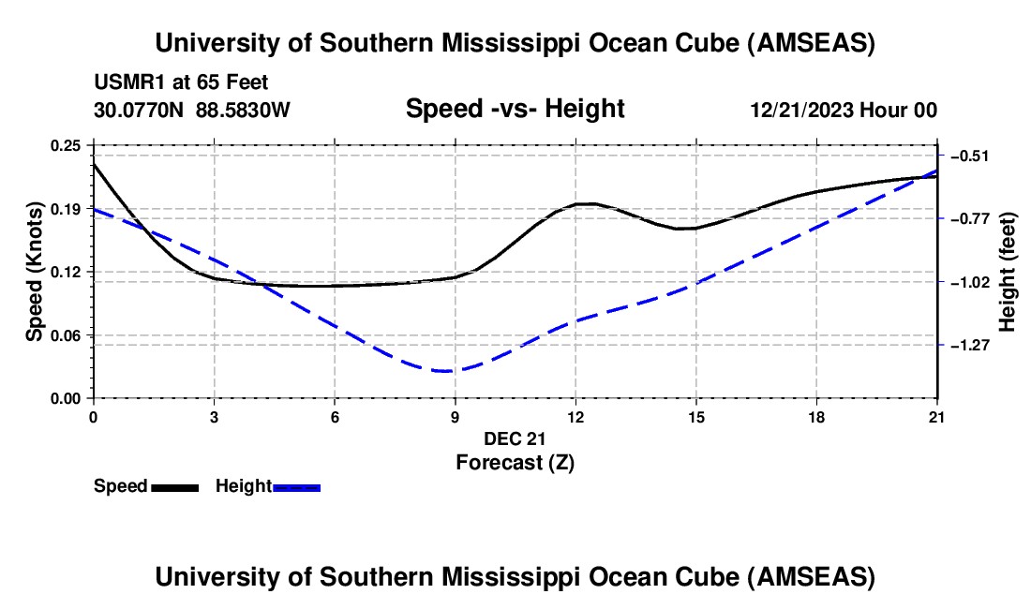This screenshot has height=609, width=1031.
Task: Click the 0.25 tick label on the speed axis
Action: [x=66, y=145]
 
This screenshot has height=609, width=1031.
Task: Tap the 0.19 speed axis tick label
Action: [x=66, y=209]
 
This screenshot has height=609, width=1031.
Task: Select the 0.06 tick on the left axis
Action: [x=66, y=335]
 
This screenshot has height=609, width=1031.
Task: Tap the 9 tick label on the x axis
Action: [x=455, y=417]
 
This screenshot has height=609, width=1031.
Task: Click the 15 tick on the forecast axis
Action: [x=695, y=417]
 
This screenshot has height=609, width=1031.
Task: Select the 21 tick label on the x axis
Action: [x=937, y=417]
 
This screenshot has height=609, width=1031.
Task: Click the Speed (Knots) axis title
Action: [x=35, y=272]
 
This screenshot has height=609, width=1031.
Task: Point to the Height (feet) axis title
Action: [x=1008, y=272]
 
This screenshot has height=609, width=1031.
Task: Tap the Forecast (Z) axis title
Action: [x=515, y=462]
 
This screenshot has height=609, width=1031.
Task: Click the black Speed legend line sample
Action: [x=174, y=486]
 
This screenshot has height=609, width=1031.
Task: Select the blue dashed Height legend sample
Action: [x=296, y=486]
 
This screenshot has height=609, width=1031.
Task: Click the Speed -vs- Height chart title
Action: [x=515, y=110]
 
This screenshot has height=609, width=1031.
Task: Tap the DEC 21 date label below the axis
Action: [x=515, y=438]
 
